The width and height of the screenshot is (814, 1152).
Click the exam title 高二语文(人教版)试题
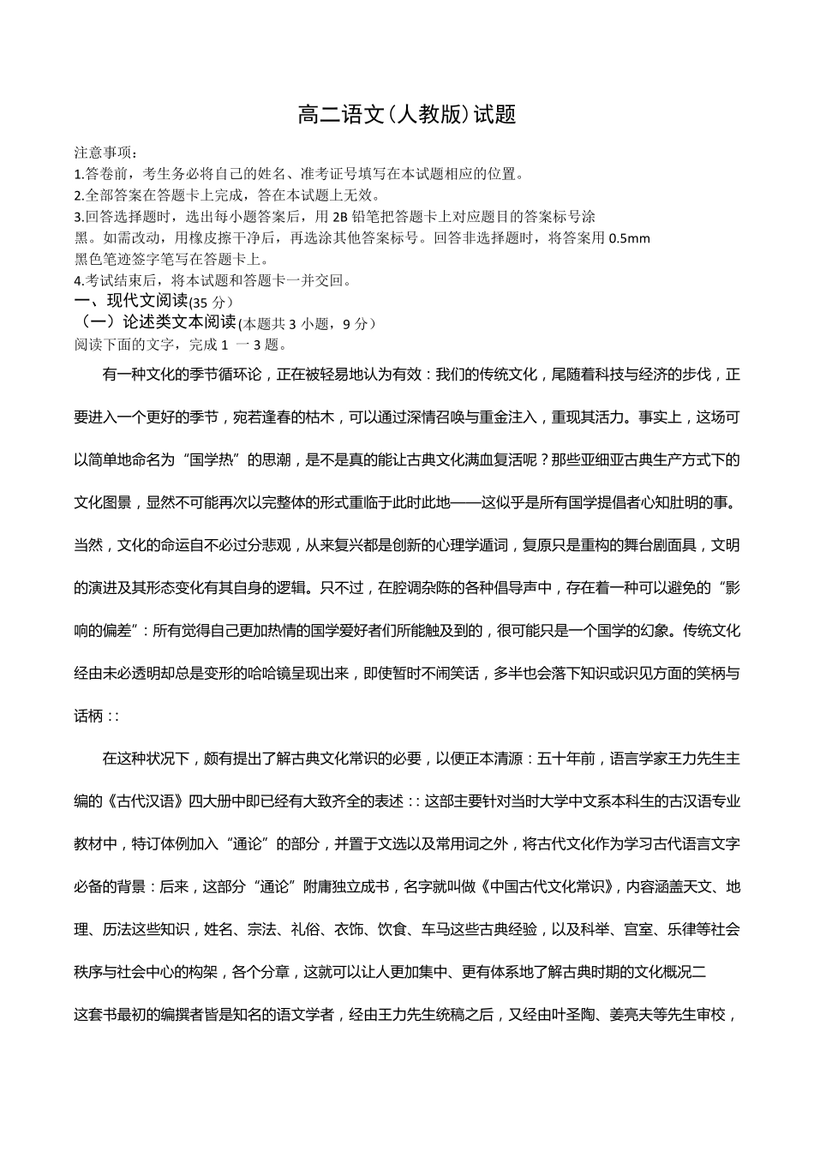(x=407, y=115)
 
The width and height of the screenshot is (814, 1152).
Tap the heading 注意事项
(x=103, y=153)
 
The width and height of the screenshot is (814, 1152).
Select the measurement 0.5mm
(x=629, y=238)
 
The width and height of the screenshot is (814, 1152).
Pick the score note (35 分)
(x=210, y=303)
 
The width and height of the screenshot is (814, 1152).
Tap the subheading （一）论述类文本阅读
(x=156, y=322)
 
